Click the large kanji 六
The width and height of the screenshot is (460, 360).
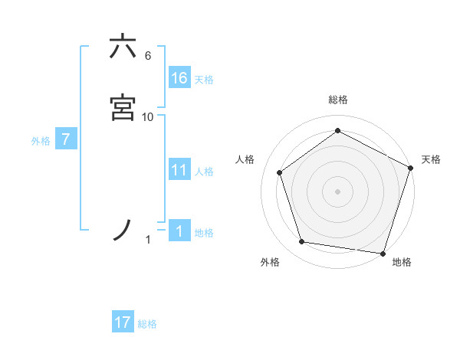point(123,47)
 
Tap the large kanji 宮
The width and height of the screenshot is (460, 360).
point(123,107)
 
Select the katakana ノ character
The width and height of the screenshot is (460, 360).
point(123,230)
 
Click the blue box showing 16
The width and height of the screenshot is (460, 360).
point(179,78)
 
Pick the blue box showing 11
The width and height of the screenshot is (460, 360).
point(179,170)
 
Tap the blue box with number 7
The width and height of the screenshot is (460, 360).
point(67,140)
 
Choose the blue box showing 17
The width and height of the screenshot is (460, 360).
point(123,322)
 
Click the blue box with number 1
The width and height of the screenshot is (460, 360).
point(179,232)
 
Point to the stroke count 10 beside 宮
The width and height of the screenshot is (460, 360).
point(148,116)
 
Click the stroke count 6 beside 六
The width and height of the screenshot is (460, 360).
point(148,56)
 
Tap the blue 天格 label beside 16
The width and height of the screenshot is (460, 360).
point(204,79)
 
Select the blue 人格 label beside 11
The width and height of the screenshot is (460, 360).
point(204,171)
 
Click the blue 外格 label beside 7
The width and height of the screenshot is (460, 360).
point(41,141)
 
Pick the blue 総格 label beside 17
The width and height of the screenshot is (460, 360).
point(147,323)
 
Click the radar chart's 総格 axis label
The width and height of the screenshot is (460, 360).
point(337,100)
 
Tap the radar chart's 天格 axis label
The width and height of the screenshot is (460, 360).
point(431,159)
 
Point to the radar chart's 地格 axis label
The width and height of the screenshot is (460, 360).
point(402,262)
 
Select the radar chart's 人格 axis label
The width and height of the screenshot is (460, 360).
point(245,159)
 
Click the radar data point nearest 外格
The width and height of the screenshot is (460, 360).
point(302,242)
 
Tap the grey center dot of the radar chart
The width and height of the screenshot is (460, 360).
point(337,191)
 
